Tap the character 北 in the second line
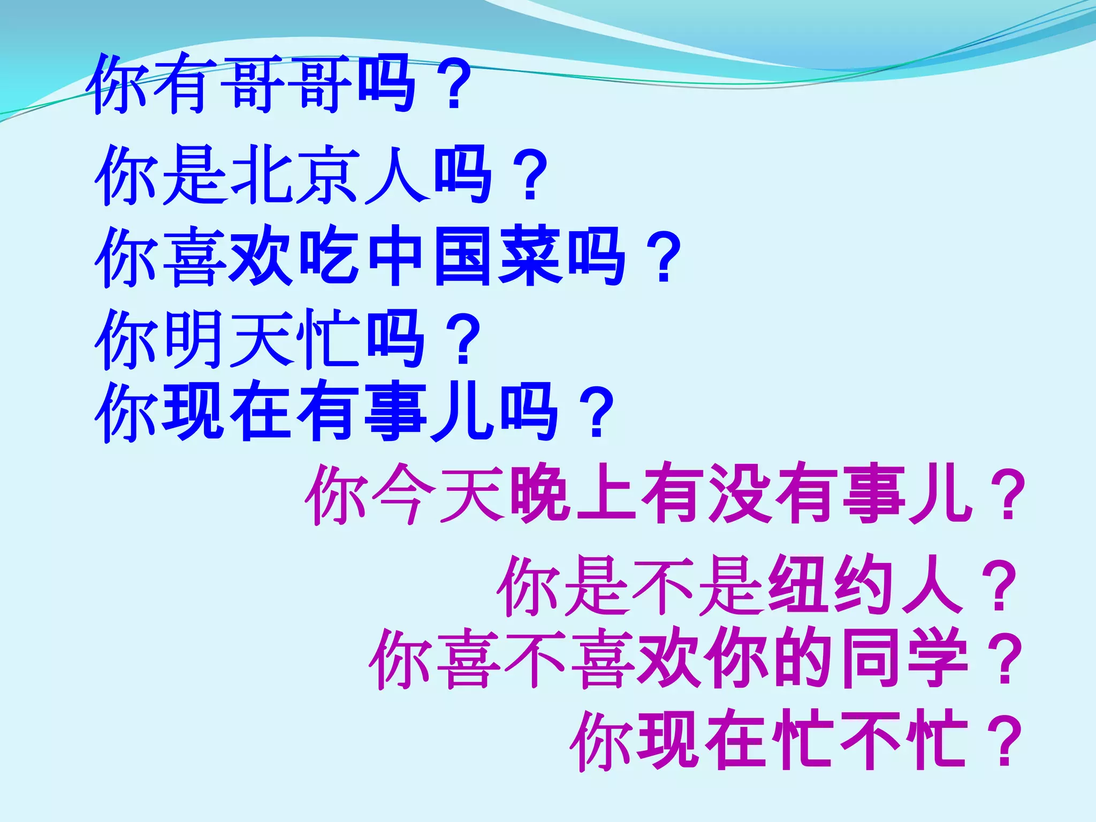[261, 176]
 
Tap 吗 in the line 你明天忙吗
[396, 339]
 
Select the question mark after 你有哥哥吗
[454, 86]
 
